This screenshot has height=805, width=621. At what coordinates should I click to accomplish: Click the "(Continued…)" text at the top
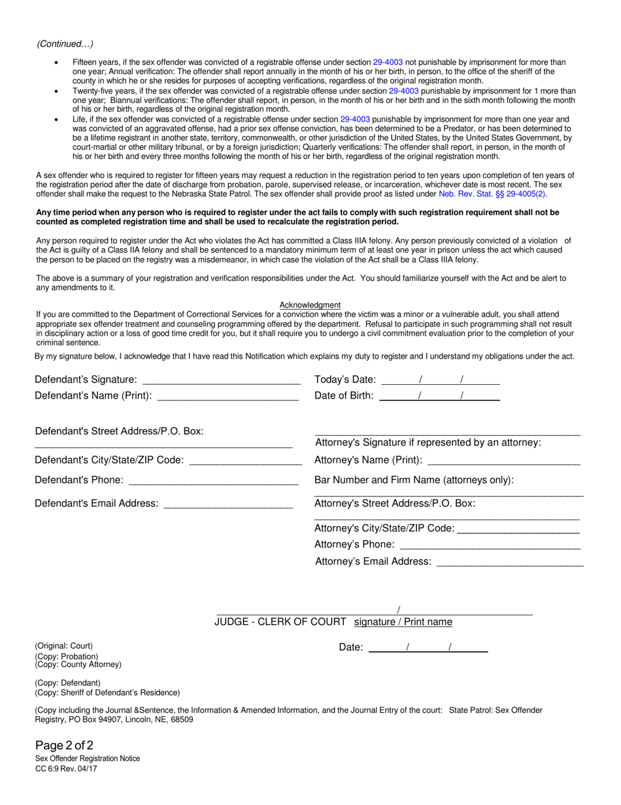65,44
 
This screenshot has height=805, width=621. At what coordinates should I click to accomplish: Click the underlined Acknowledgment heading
310,305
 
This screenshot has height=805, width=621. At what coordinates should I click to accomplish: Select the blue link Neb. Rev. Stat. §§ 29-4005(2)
493,194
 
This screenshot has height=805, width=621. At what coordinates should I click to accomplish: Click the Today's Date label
345,380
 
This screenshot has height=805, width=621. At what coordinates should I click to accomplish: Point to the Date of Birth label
344,395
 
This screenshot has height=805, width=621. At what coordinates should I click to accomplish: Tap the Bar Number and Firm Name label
414,480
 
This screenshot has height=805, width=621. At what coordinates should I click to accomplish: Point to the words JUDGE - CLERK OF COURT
280,622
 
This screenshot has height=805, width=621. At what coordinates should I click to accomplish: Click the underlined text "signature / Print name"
403,622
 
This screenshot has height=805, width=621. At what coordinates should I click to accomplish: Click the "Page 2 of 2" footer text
65,745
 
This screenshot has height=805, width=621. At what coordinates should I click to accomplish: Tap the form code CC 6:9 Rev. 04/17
67,768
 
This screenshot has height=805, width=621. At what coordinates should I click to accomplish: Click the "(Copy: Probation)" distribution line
67,656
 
